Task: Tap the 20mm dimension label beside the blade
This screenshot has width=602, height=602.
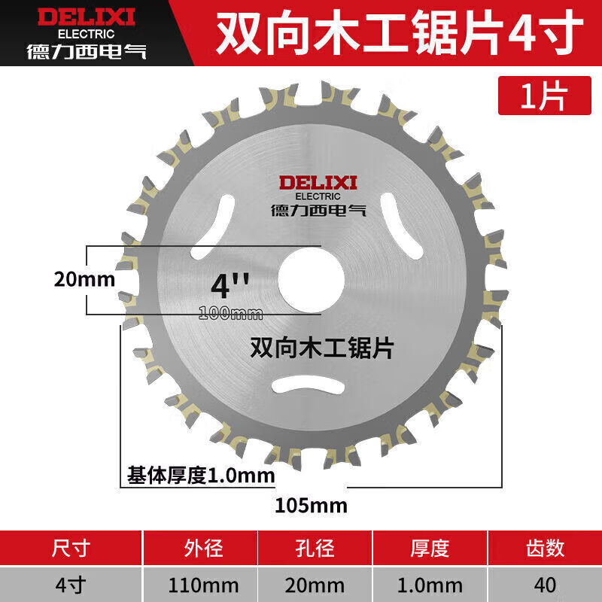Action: [x=84, y=280]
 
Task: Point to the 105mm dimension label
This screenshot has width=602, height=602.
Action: [x=311, y=505]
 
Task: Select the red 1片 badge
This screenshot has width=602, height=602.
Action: [x=543, y=95]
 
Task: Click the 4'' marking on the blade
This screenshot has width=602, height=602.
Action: [x=229, y=285]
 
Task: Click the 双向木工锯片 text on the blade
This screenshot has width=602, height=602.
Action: [x=321, y=347]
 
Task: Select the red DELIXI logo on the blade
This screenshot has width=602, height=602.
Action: [x=319, y=182]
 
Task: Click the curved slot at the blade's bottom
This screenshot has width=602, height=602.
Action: [x=310, y=385]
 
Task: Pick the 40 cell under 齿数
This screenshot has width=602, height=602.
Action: [x=546, y=585]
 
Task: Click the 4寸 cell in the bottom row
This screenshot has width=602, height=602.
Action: [x=72, y=585]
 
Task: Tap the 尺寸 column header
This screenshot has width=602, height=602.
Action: [x=72, y=548]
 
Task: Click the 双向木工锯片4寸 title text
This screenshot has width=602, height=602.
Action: [x=400, y=32]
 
